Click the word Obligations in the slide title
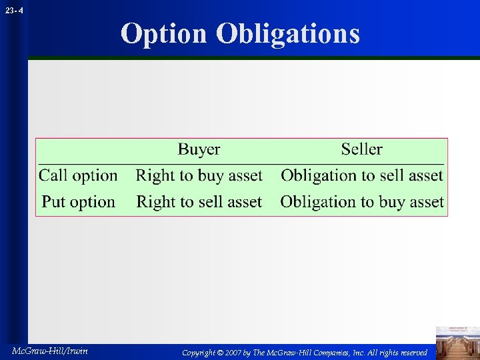(x=288, y=34)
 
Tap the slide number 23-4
(x=12, y=11)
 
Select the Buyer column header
(x=199, y=149)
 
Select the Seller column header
(x=361, y=149)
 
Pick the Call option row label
(x=78, y=176)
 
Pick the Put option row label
(x=78, y=202)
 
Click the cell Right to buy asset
(x=199, y=176)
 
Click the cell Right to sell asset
(x=199, y=202)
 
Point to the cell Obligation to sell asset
(x=361, y=176)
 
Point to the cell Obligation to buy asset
(x=361, y=202)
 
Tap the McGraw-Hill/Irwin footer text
(x=50, y=351)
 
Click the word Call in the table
(x=53, y=176)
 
